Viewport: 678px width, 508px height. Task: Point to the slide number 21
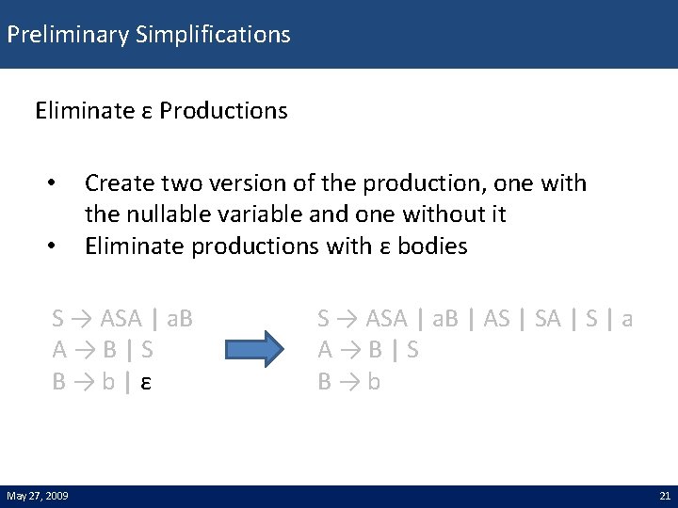(664, 496)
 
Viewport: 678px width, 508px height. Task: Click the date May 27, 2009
(37, 496)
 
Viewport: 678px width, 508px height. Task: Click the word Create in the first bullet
(116, 183)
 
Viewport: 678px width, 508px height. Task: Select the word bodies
(432, 246)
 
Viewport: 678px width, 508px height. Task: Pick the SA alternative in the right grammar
(547, 319)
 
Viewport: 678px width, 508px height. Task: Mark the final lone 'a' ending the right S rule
(627, 319)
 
